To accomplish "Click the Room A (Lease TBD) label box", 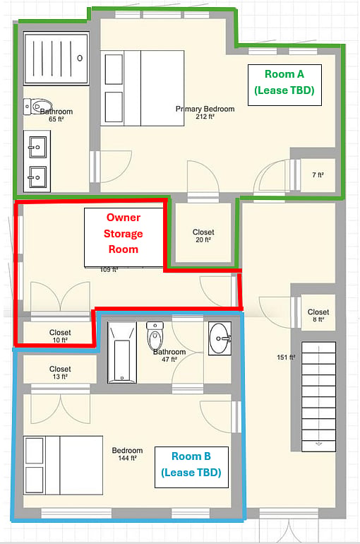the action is click(x=284, y=85).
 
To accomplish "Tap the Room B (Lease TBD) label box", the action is click(x=191, y=467).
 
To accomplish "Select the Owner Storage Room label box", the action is click(x=124, y=237).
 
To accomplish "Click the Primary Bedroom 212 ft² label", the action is click(x=205, y=112).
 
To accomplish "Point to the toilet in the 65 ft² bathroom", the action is click(x=38, y=107).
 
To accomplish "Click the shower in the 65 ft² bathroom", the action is click(x=56, y=58).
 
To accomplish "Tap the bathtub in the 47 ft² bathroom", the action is click(x=122, y=353).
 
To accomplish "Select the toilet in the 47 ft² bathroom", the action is click(x=155, y=336).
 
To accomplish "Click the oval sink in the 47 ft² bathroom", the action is click(x=220, y=338).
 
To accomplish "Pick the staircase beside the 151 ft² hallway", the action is click(x=318, y=396).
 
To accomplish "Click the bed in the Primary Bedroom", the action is click(x=142, y=88).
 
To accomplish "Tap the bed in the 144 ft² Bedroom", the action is click(x=63, y=466).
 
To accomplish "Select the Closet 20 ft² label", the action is click(x=203, y=235).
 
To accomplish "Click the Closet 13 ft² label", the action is click(x=60, y=372).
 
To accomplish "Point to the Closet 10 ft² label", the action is click(x=60, y=336).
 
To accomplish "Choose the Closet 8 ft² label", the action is click(x=318, y=315).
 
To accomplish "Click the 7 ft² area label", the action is click(x=318, y=175).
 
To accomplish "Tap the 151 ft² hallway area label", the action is click(x=286, y=357).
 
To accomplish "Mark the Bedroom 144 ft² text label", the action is click(x=127, y=454).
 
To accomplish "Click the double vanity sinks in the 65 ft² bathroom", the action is click(x=37, y=161).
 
